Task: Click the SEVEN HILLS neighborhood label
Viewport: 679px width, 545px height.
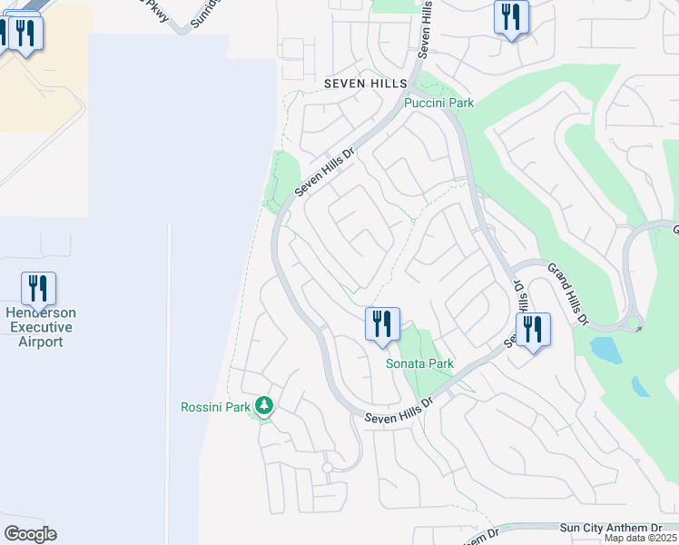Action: coord(366,84)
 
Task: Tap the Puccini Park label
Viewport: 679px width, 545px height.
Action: coord(439,104)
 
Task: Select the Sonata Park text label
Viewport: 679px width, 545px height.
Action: coord(419,363)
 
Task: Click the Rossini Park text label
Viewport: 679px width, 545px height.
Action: coord(215,407)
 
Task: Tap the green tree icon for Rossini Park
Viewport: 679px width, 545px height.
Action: coord(264,405)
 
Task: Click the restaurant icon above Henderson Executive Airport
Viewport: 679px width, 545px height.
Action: coord(38,289)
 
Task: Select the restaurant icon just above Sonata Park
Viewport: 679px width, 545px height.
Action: coord(382,324)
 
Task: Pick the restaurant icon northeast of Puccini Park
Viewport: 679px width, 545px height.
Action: coord(511,17)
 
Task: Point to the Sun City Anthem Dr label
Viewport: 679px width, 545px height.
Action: coord(611,528)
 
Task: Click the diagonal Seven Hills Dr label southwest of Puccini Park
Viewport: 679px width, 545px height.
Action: coord(322,173)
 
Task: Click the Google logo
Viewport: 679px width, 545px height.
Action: coord(30,534)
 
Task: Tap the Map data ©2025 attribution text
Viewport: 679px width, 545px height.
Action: coord(640,538)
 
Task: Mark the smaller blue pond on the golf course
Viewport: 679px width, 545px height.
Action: coord(640,386)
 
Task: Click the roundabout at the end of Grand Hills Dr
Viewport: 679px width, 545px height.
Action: coord(633,322)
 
